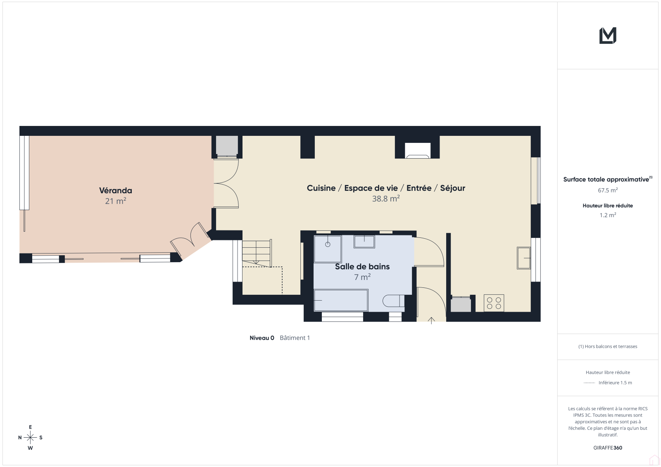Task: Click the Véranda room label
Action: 115,191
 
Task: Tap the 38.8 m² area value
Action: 386,199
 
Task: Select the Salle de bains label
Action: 362,266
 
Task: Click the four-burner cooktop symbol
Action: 494,303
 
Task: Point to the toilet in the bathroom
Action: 393,301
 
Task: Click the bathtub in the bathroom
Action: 341,300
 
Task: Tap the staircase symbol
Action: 257,253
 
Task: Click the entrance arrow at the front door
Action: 431,320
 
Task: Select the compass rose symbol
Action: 30,438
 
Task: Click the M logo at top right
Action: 608,36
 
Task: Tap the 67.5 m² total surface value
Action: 608,190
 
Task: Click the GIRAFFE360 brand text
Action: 608,448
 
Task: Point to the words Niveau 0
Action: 262,338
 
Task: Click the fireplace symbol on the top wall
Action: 417,150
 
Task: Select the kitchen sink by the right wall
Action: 523,258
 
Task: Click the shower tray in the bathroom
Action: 328,249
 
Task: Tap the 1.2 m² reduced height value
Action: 608,215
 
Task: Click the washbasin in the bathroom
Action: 364,242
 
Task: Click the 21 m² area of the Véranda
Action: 115,201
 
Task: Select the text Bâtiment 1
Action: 295,338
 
